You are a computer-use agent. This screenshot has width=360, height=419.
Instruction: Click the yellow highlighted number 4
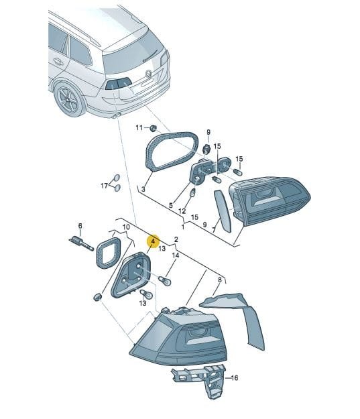point(153,241)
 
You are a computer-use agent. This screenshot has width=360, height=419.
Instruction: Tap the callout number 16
point(234,378)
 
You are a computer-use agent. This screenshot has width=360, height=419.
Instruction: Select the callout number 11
point(139,128)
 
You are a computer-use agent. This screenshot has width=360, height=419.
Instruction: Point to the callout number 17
point(104,185)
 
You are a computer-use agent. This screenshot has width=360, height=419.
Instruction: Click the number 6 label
point(80,226)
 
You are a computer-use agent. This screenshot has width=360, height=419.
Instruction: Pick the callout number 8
point(220,280)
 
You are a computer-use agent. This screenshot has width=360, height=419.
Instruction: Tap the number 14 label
point(176,255)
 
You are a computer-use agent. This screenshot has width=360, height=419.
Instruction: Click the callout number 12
point(182,211)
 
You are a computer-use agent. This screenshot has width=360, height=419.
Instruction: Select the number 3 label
point(143,189)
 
